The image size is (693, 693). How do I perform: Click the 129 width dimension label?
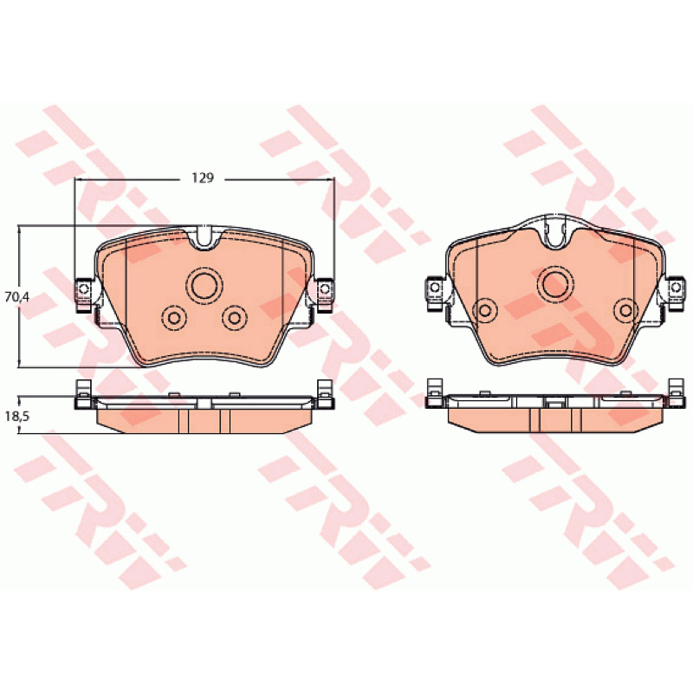[x=203, y=178]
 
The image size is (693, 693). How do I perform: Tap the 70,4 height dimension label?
[x=17, y=296]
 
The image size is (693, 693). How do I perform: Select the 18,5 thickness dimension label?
[x=17, y=416]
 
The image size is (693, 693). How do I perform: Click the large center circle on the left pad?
[x=204, y=285]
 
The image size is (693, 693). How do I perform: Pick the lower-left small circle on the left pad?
[x=174, y=317]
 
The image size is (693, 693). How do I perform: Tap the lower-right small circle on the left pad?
[x=235, y=317]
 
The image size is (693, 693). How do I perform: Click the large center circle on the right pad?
[x=555, y=284]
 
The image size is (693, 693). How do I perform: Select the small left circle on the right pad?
[x=485, y=310]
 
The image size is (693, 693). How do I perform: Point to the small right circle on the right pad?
[x=626, y=310]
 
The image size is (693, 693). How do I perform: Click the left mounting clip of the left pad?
[x=83, y=294]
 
